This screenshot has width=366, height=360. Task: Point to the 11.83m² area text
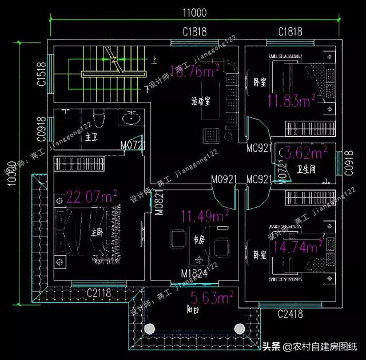292,101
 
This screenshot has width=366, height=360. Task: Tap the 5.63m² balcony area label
210,297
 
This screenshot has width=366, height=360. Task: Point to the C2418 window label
291,314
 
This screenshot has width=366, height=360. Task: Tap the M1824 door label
194,272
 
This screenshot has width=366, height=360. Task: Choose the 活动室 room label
201,102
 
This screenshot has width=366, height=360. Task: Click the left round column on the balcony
149,329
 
